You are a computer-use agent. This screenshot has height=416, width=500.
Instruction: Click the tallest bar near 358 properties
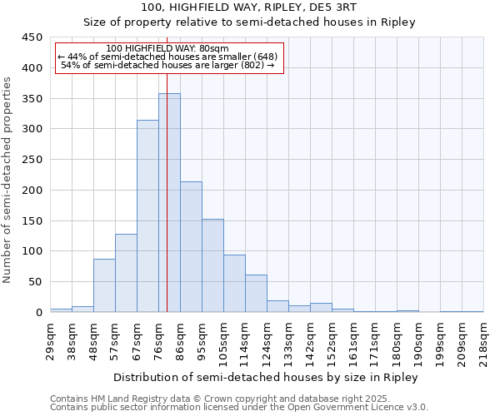coord(169,203)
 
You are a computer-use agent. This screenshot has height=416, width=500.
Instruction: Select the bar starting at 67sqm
coord(147,216)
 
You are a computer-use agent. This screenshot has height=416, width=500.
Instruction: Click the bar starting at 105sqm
coord(234,283)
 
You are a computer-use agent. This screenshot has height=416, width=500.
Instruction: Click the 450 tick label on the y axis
coord(32,37)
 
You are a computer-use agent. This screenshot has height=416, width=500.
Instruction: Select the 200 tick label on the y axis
coord(32,191)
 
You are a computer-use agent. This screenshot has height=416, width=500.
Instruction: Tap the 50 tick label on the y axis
coord(36,282)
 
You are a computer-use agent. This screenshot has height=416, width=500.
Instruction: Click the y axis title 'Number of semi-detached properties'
coord(8,180)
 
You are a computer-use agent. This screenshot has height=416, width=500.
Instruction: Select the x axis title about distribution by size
coord(266,377)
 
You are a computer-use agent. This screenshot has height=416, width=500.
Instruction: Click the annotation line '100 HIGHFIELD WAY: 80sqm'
coord(168,49)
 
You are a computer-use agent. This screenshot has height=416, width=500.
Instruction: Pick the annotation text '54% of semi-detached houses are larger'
coord(169,65)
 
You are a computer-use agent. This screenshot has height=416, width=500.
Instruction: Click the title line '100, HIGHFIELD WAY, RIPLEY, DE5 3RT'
coord(249,7)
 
